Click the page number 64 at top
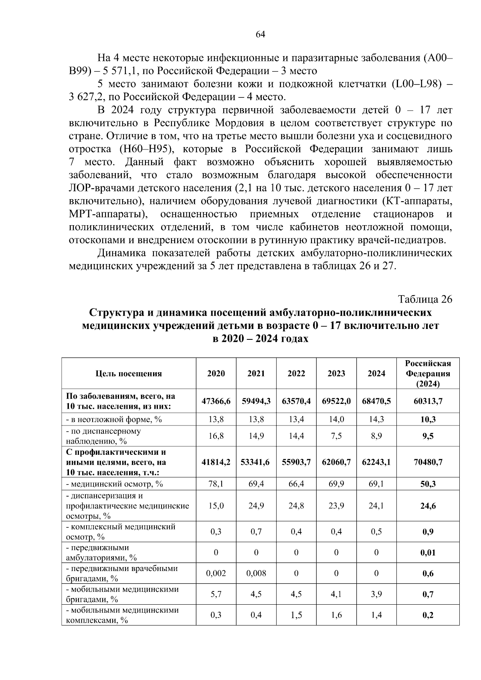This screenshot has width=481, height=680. (x=260, y=34)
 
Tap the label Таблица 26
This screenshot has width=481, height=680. (x=424, y=299)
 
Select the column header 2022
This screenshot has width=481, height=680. (x=296, y=373)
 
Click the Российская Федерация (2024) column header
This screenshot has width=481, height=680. (x=428, y=373)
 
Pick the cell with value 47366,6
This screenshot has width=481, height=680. (x=216, y=401)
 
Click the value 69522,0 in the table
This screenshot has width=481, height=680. (x=336, y=401)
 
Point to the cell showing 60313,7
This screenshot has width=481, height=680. (x=428, y=401)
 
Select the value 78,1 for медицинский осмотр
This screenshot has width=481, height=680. (x=216, y=484)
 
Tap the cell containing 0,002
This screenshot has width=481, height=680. (x=216, y=573)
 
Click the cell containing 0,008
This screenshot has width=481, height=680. (x=256, y=573)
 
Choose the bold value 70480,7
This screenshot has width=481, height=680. (x=428, y=462)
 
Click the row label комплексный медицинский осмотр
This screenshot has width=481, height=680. (x=120, y=532)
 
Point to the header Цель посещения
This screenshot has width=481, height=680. (x=129, y=373)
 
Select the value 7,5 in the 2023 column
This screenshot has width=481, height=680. (x=336, y=436)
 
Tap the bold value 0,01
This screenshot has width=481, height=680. (x=428, y=553)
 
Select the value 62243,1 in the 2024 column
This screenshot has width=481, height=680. (x=376, y=462)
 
